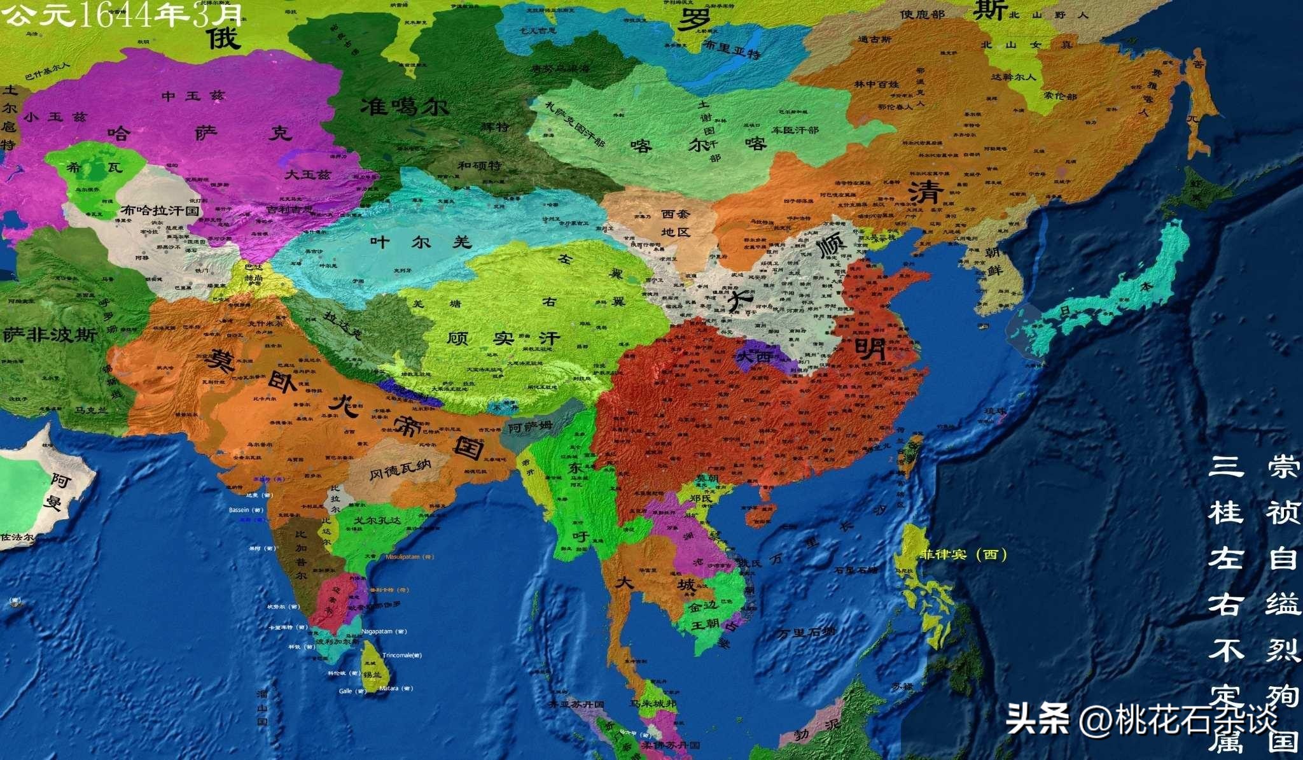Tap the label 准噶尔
405,106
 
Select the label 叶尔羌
421,242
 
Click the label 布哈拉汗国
160,210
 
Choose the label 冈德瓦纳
400,470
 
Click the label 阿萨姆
529,427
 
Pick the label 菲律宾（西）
963,554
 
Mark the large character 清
926,192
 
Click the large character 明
870,348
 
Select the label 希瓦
95,168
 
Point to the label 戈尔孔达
377,520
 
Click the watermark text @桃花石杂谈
1177,721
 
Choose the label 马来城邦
653,703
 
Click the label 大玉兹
307,174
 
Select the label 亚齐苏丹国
576,705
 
